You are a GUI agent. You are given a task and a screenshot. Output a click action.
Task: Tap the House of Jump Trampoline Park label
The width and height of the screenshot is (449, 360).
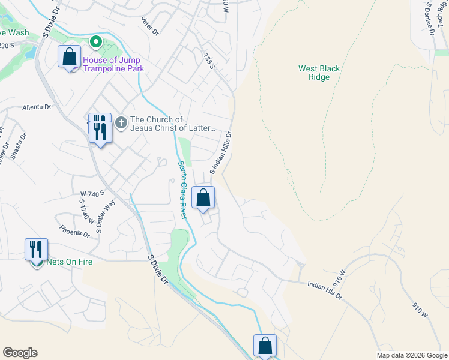113,64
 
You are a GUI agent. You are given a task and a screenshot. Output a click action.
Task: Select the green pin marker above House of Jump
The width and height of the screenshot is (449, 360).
94,42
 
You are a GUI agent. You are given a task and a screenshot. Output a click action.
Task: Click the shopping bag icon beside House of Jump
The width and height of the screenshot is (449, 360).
70,57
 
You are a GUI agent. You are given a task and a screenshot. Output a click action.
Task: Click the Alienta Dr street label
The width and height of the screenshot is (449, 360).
37,107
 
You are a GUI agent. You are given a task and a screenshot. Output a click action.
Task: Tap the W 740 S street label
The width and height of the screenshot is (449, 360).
92,193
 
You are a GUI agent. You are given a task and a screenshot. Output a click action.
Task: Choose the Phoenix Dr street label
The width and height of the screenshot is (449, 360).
74,232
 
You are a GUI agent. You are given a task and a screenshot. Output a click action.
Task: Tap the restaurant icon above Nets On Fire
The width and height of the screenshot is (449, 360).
36,249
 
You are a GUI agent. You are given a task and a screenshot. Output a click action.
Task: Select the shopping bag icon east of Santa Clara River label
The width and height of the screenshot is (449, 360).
203,197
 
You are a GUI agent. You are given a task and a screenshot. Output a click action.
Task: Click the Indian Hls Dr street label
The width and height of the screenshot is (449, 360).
324,291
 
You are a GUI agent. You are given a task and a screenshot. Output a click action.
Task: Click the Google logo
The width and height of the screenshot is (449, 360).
20,353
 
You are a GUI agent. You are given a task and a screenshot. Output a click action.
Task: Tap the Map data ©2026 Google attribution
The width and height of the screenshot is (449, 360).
412,355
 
